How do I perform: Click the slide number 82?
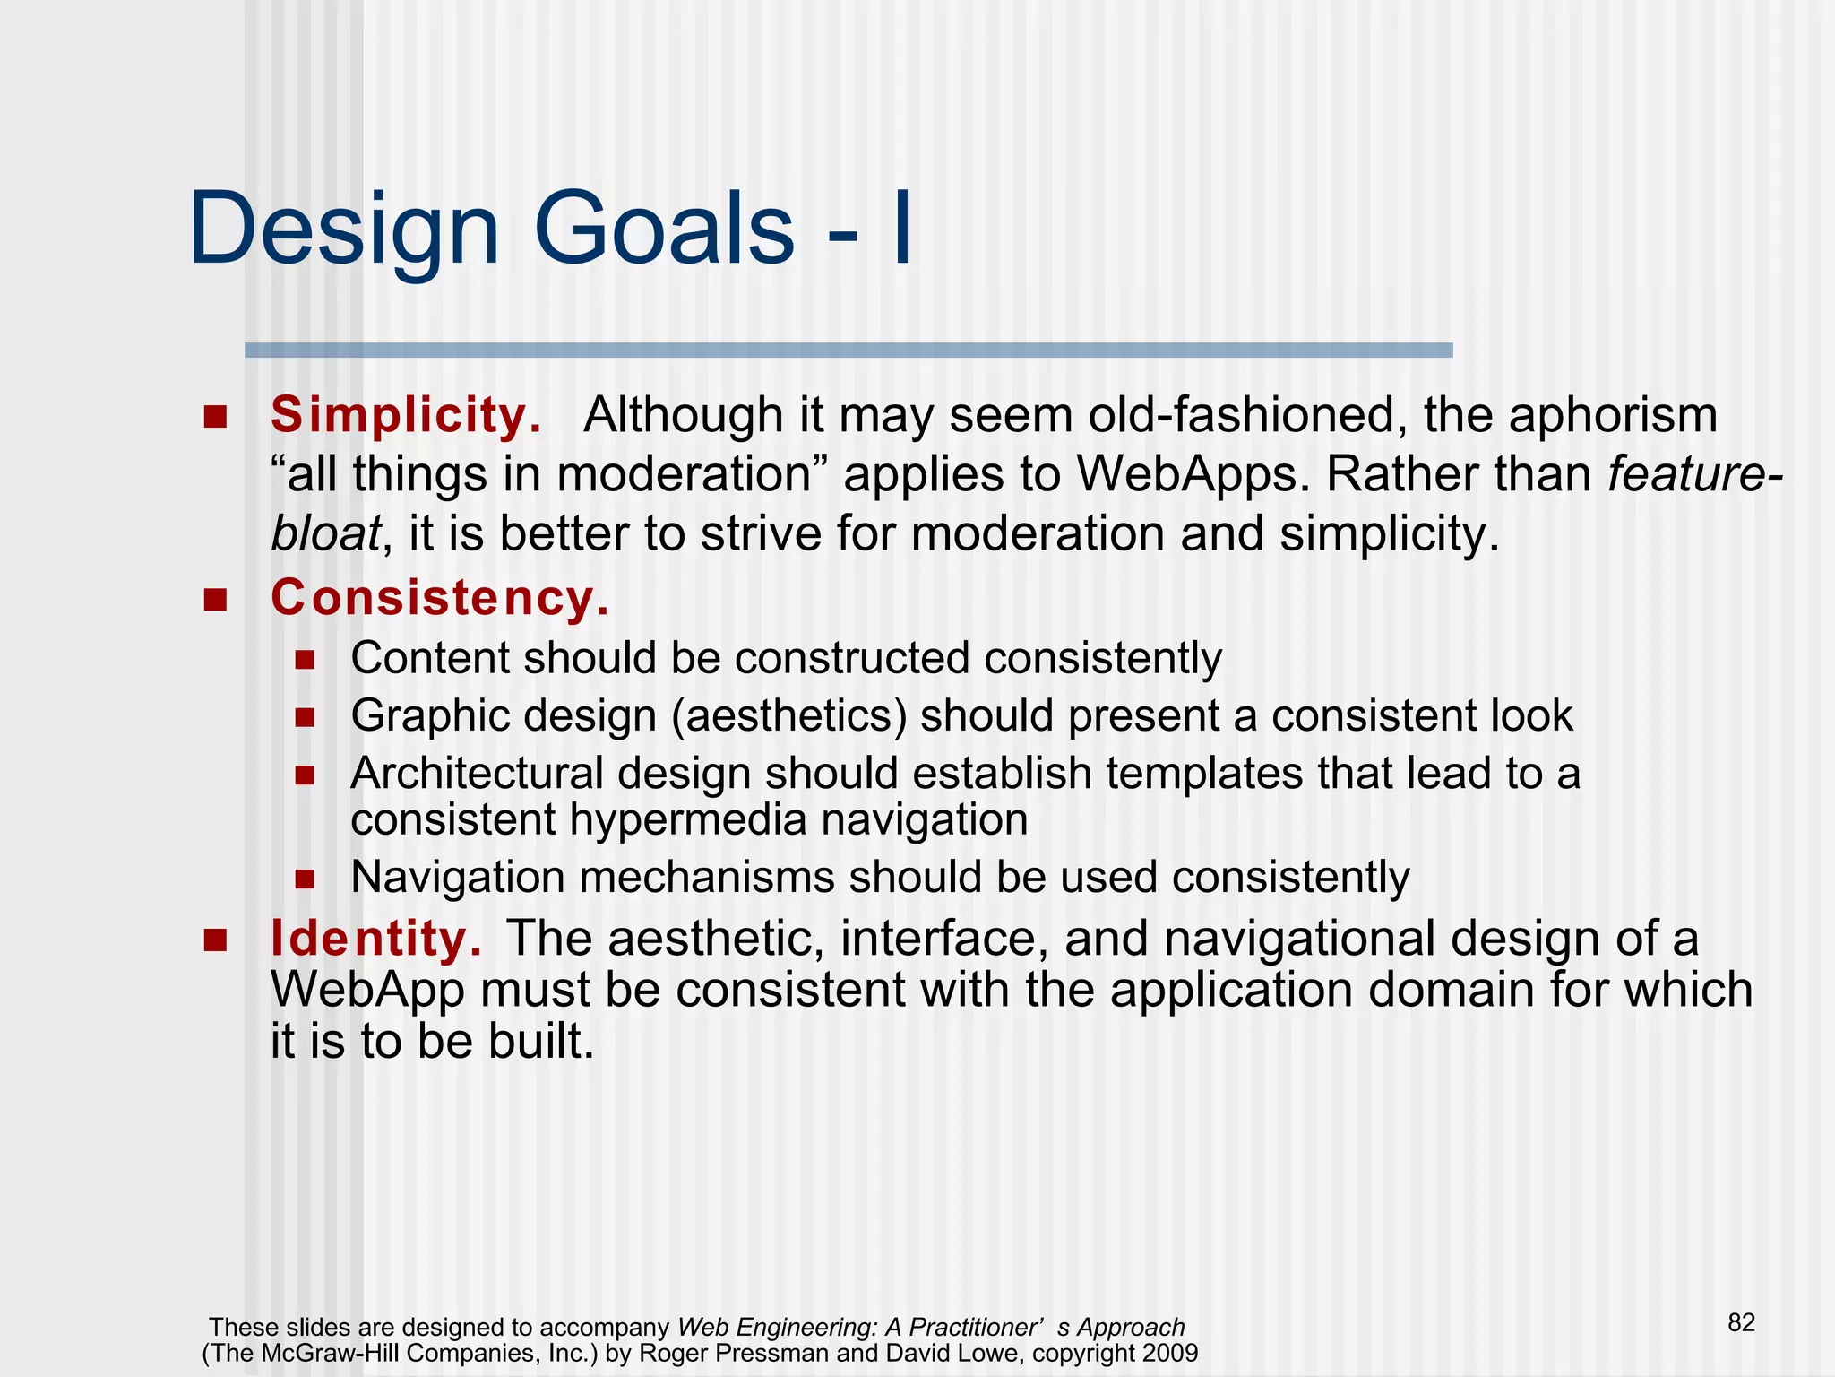[x=1741, y=1322]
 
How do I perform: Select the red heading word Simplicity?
[x=406, y=416]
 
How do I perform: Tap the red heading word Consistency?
[x=440, y=598]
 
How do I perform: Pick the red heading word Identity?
[x=375, y=939]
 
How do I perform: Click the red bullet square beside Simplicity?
[x=215, y=417]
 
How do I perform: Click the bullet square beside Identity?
[x=215, y=940]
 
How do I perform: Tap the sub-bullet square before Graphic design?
[x=305, y=717]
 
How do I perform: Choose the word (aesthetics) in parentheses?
[x=788, y=716]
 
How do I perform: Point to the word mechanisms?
[x=707, y=877]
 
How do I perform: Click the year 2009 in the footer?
[x=1169, y=1353]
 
